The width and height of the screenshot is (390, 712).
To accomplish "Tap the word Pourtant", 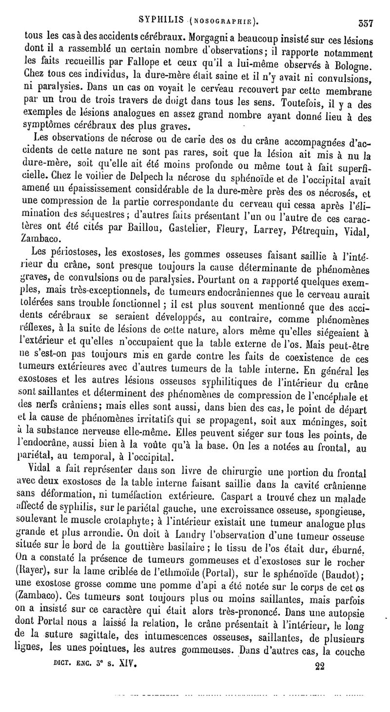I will coord(231,281).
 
